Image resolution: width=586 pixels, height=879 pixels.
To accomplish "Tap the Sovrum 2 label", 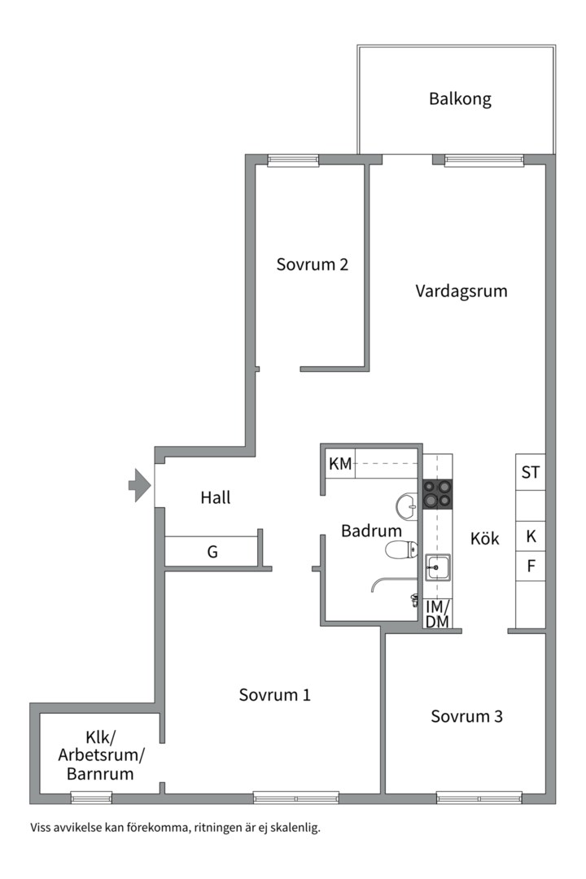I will (313, 265).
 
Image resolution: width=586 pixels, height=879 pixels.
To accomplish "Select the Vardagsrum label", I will (461, 291).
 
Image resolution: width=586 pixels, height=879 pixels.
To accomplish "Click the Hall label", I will (216, 497).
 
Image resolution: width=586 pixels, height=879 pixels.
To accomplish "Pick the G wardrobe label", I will (212, 552).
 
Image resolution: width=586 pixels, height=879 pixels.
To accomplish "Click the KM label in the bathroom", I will (340, 464).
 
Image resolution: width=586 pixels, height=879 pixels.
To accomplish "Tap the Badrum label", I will (371, 531).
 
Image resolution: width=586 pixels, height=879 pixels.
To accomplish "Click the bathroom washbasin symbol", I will (406, 506).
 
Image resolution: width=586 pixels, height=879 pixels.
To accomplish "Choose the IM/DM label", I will (437, 614).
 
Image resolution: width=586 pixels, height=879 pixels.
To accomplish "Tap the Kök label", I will (485, 538).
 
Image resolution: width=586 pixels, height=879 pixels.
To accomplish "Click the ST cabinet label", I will (531, 472).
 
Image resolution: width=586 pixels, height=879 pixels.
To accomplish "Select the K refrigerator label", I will (531, 536).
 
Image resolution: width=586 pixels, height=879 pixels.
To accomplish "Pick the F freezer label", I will (531, 565).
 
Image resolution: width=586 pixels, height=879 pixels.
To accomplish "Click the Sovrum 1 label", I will (274, 695).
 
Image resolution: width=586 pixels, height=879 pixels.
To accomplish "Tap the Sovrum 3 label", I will (466, 716).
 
